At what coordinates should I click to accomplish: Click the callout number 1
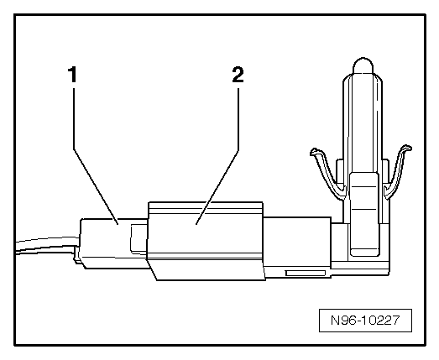(x=73, y=74)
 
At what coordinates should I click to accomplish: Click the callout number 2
(x=238, y=75)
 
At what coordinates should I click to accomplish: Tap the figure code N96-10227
(x=365, y=321)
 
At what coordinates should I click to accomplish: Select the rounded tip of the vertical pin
(x=363, y=65)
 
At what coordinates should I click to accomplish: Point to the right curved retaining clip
(x=397, y=171)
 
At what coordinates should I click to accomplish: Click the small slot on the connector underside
(x=306, y=274)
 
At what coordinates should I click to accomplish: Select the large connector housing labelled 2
(x=206, y=241)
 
